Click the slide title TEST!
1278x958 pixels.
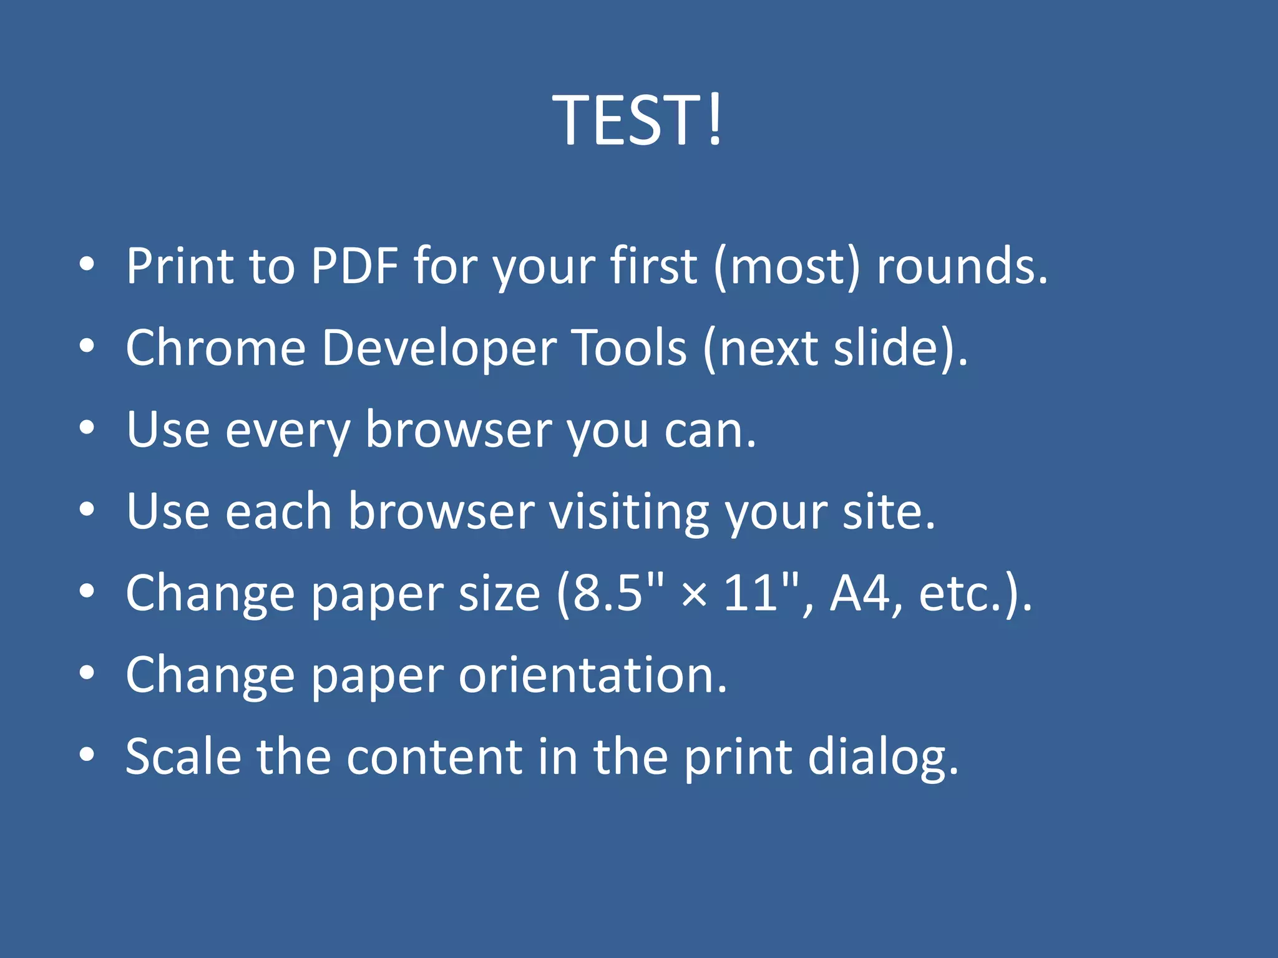[x=638, y=120]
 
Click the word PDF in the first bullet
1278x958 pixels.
[x=354, y=266]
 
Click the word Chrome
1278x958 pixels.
[x=215, y=347]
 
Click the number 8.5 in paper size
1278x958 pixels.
[x=607, y=593]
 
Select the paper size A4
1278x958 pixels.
[x=860, y=593]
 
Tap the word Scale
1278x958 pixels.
[x=183, y=757]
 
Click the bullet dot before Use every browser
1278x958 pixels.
[x=87, y=428]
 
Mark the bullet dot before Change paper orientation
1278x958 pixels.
[x=87, y=673]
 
